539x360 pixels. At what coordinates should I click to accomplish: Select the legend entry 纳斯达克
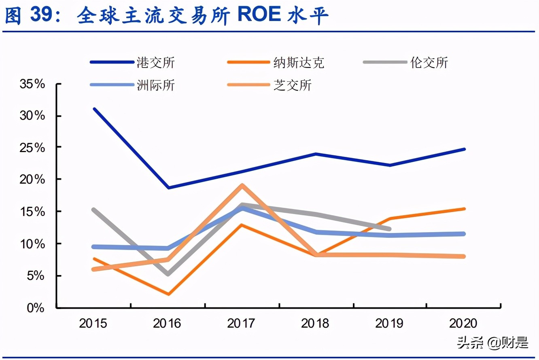click(299, 63)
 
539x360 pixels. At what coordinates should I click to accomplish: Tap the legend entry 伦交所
click(429, 63)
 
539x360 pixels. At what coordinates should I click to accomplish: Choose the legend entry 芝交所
click(293, 85)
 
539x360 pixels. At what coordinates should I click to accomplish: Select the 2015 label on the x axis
click(93, 324)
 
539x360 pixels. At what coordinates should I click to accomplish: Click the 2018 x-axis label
click(316, 324)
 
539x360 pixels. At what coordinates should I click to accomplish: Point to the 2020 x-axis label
click(464, 324)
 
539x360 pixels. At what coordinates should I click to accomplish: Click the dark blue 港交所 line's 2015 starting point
click(94, 109)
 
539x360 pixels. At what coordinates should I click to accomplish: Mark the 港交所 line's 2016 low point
click(168, 188)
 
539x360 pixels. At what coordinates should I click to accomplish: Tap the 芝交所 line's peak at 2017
click(242, 186)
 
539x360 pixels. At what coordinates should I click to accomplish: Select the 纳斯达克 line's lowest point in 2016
click(168, 294)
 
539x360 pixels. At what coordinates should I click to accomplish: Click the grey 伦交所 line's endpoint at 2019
click(389, 229)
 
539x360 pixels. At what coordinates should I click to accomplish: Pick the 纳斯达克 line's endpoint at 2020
click(464, 209)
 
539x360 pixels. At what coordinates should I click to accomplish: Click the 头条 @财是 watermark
click(493, 343)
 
